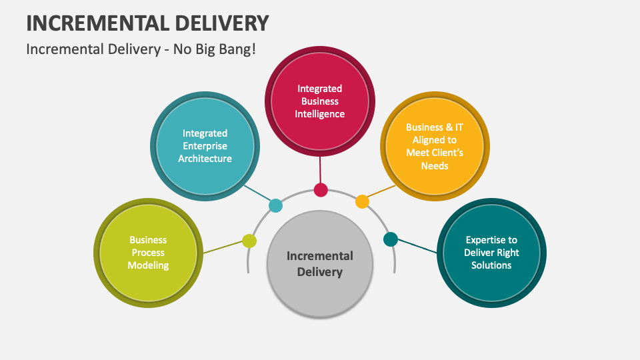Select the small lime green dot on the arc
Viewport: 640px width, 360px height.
[x=249, y=241]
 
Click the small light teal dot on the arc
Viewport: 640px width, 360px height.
[x=275, y=205]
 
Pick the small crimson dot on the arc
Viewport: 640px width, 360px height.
[x=321, y=190]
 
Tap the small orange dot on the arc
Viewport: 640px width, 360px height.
[x=362, y=201]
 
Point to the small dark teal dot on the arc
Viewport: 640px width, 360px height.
[x=391, y=239]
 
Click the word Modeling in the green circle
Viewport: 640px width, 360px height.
[x=149, y=265]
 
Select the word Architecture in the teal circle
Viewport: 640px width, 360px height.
[x=205, y=159]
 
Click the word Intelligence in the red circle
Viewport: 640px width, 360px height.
[x=320, y=114]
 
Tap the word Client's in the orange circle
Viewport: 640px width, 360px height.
[x=435, y=153]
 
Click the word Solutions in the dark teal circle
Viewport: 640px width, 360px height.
[x=491, y=265]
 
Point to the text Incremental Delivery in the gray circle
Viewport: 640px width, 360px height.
[x=320, y=263]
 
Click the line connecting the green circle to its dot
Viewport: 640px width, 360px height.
[x=223, y=247]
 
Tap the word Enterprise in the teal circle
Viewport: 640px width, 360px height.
[x=205, y=146]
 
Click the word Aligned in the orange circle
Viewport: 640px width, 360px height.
[x=435, y=140]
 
